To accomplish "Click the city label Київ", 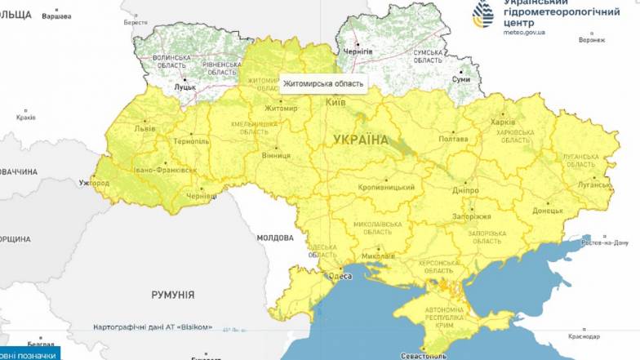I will click(x=336, y=102).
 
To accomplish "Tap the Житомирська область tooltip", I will click(x=322, y=83).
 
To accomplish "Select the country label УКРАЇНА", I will click(x=361, y=140).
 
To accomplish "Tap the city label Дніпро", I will click(x=465, y=189).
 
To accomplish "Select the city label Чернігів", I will click(x=358, y=51).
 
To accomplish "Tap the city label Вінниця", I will click(x=276, y=155).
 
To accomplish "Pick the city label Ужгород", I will click(x=92, y=183).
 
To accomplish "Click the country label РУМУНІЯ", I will click(x=172, y=294).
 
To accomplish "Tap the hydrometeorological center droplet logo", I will click(x=487, y=14).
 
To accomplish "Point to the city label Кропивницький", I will click(x=386, y=188).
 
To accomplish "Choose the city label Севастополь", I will click(x=423, y=356).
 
